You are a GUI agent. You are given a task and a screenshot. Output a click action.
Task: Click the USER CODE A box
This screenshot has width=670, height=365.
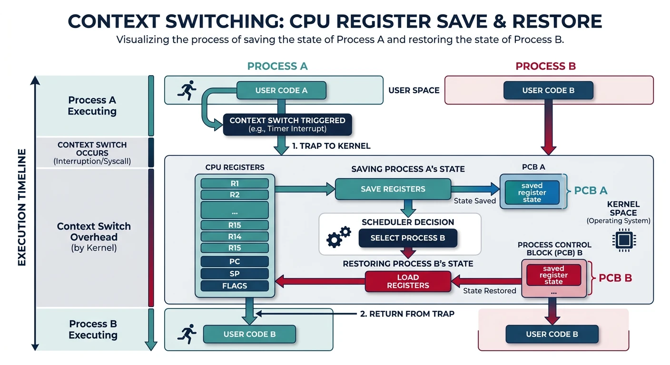click(x=281, y=90)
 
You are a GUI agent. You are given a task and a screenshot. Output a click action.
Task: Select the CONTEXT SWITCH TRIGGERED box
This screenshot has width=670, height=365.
click(x=287, y=125)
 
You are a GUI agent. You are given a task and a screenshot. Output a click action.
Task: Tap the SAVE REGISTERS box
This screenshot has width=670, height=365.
click(x=393, y=189)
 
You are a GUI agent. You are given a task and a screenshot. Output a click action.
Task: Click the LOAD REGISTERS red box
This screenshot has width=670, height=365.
click(x=408, y=281)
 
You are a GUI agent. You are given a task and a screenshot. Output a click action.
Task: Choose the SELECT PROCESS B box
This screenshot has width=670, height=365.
click(x=407, y=238)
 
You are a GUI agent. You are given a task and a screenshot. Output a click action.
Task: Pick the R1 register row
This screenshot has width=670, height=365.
click(x=234, y=183)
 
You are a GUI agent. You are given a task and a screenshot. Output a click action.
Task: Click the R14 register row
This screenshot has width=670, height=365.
click(x=234, y=236)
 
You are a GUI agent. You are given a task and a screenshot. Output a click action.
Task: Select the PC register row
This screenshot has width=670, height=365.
click(x=234, y=261)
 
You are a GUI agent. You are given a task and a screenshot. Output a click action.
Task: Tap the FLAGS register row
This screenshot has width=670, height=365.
click(x=234, y=286)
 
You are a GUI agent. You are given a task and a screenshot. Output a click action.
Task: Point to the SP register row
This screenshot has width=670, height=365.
click(x=234, y=274)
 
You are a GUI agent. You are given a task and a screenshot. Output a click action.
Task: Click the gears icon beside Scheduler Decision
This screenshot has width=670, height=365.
click(x=338, y=236)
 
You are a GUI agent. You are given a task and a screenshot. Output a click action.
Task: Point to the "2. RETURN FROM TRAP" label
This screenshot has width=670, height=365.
click(x=412, y=314)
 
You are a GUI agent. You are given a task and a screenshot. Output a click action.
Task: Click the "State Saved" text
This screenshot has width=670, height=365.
click(x=475, y=201)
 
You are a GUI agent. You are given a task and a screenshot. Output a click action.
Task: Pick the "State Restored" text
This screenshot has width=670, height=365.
click(x=489, y=290)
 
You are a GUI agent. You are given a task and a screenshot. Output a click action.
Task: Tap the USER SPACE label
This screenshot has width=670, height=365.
click(x=414, y=90)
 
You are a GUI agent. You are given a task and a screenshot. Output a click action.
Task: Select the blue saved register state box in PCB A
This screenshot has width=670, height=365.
click(x=532, y=192)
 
